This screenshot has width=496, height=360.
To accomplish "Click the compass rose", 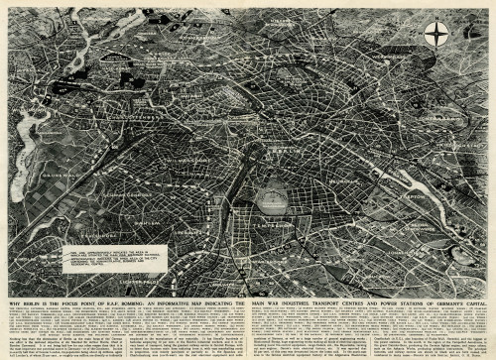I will [x=436, y=34].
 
